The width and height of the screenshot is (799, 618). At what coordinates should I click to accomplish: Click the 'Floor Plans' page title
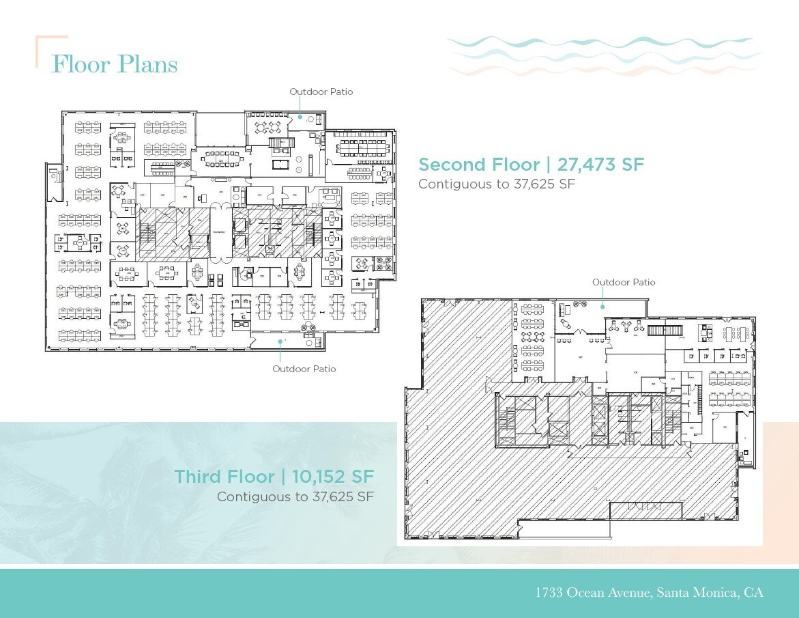pos(115,64)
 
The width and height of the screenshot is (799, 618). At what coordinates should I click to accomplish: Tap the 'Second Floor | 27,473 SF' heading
pos(531,165)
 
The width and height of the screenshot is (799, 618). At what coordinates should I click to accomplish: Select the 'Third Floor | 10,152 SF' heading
pos(274,476)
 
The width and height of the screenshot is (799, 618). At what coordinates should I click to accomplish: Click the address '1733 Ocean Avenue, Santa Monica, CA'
pos(649,592)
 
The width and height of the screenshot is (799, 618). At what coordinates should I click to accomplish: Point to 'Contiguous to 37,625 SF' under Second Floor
pos(497,184)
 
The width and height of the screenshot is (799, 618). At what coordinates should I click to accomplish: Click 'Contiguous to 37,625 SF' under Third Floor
pos(295,496)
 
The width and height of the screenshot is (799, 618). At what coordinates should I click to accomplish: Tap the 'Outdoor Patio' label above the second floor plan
pos(321,92)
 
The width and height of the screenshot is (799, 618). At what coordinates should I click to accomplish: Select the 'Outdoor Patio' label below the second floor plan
pos(304,369)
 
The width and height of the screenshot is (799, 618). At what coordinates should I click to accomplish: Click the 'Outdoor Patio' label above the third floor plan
pos(624,282)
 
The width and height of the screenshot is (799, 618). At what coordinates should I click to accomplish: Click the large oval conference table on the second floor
pos(220,159)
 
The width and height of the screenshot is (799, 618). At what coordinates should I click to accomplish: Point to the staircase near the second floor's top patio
pos(282,143)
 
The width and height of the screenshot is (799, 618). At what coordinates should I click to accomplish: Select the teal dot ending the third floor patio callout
pos(602,307)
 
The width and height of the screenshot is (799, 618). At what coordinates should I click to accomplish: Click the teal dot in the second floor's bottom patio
pos(279,340)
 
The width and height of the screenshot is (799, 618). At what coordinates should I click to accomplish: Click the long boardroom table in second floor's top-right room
pos(360,147)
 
